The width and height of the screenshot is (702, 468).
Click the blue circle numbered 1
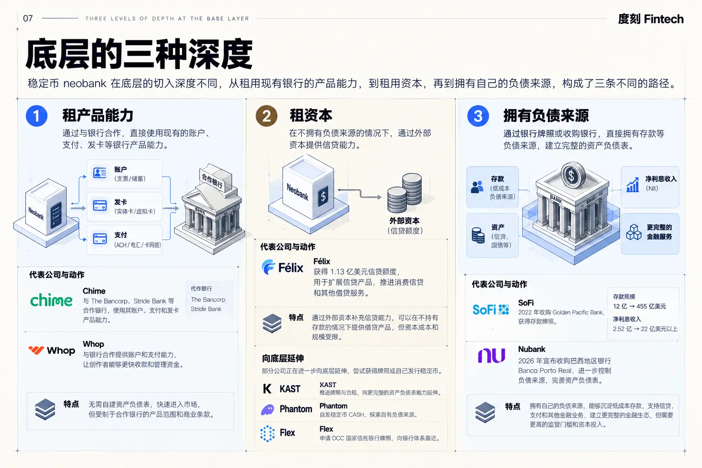pyautogui.click(x=37, y=116)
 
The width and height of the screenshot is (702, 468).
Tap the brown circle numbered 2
pyautogui.click(x=266, y=116)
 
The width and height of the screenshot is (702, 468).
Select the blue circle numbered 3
pyautogui.click(x=478, y=116)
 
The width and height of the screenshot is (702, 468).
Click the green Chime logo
pyautogui.click(x=51, y=300)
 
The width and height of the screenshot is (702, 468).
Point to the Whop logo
pyautogui.click(x=52, y=350)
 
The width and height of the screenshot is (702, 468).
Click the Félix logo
pyautogui.click(x=282, y=267)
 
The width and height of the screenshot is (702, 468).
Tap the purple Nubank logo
pyautogui.click(x=491, y=356)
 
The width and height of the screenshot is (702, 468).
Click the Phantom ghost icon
pyautogui.click(x=267, y=409)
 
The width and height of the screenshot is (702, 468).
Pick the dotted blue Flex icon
pyautogui.click(x=267, y=434)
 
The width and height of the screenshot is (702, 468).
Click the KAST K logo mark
pyautogui.click(x=267, y=388)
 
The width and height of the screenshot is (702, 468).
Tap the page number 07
pyautogui.click(x=28, y=18)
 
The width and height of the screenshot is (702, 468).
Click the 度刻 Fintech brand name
pyautogui.click(x=651, y=19)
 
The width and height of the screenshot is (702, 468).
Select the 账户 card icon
pyautogui.click(x=100, y=173)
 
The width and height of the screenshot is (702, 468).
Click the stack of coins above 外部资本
pyautogui.click(x=404, y=193)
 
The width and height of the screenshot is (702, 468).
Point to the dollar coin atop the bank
pyautogui.click(x=573, y=175)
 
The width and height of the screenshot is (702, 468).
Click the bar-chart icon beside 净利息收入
pyautogui.click(x=633, y=185)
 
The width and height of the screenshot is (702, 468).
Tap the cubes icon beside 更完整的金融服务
pyautogui.click(x=634, y=232)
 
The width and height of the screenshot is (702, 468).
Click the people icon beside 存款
pyautogui.click(x=477, y=187)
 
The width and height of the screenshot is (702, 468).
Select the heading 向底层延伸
pyautogui.click(x=283, y=358)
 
